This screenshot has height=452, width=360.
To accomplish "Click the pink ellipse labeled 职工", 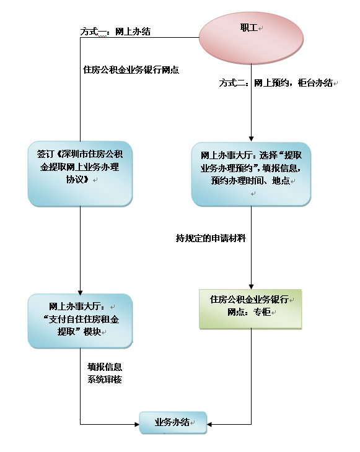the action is pos(251,38).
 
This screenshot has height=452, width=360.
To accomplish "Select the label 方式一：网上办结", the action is pos(115,32).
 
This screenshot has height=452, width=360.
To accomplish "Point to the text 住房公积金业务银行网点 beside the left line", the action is pos(131,70).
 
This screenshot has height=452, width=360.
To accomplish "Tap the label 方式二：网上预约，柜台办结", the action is pos(276,83).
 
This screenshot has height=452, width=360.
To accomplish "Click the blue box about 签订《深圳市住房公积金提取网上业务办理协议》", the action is pos(80,173).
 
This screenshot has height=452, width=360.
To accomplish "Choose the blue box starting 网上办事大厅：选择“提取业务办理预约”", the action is pos(251,174).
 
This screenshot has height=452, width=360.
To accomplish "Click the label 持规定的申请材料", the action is pos(211,238).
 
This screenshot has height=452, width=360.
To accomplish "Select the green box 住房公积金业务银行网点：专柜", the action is pos(250,309).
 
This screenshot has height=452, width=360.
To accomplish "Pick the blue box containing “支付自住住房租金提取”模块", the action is pos(80,321).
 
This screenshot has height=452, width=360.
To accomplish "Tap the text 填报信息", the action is pos(105,367).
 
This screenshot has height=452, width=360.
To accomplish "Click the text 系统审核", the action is pos(105,380).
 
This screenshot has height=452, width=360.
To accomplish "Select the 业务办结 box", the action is pos(173,423).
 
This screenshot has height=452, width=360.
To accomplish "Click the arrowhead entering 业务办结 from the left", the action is pos(137,424).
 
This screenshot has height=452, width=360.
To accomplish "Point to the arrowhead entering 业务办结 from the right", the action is pos(209,424).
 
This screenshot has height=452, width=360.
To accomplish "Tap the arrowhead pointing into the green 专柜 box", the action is pos(251,287).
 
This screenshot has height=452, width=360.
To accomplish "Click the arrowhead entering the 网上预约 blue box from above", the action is pos(251,139).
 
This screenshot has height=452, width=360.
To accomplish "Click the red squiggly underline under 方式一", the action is pos(102,37).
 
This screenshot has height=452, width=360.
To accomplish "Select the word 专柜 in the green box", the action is pos(262,312).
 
